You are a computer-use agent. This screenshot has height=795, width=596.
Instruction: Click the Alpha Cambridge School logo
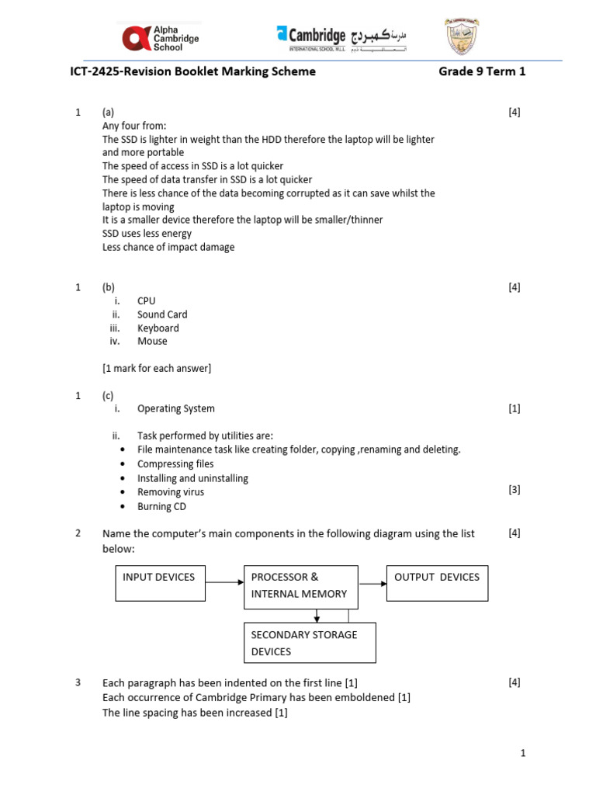click(161, 36)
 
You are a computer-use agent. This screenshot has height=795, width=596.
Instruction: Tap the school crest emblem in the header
click(461, 36)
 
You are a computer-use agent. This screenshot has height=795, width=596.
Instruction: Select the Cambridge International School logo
click(341, 36)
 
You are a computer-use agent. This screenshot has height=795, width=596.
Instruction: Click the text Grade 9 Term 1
click(482, 71)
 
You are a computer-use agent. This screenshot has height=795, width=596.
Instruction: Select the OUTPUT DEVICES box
click(437, 583)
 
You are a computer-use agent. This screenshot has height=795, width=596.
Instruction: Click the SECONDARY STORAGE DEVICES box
click(310, 642)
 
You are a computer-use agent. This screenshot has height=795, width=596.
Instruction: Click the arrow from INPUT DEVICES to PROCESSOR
click(225, 581)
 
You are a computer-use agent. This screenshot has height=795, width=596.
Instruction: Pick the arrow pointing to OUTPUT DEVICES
click(372, 583)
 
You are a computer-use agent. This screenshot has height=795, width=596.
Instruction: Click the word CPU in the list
click(147, 300)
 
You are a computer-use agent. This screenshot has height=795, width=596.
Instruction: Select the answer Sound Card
click(162, 314)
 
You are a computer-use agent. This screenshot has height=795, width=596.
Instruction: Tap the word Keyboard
click(158, 328)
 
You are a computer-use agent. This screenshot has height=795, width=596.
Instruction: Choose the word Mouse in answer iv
click(152, 341)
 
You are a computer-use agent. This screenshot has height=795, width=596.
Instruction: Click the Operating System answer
click(176, 408)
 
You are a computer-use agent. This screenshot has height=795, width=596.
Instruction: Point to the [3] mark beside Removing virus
click(515, 489)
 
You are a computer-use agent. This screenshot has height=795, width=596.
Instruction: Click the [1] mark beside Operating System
click(515, 408)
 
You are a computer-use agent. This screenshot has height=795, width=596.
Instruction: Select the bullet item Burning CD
click(161, 506)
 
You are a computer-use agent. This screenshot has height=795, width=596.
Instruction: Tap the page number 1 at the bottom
click(523, 753)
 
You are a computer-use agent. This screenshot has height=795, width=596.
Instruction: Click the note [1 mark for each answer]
click(157, 368)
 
